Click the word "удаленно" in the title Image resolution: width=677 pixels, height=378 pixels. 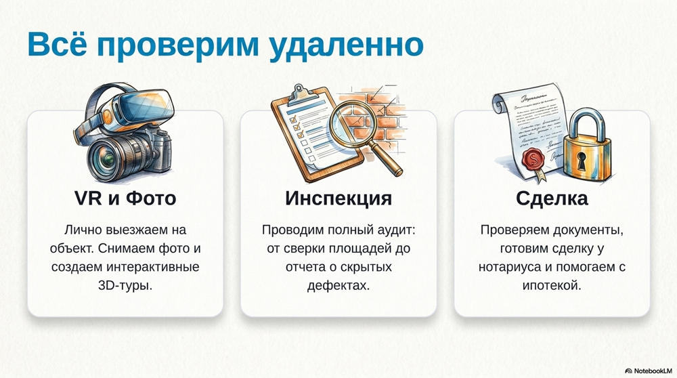[345, 45]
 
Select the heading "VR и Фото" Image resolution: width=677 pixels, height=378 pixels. [125, 198]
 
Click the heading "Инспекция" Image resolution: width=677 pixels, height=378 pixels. [338, 198]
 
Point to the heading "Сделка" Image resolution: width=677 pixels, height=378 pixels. [552, 198]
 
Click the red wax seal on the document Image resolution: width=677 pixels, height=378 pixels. [533, 159]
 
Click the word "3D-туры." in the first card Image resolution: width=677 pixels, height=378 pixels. [125, 286]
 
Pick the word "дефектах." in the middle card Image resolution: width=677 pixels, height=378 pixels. [338, 286]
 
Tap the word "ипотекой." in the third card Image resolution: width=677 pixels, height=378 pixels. [552, 286]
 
